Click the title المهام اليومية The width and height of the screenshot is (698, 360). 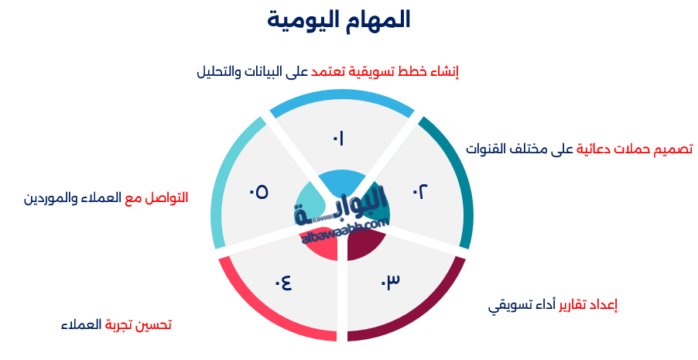point(339,20)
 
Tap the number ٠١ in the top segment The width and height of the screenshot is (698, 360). point(338,139)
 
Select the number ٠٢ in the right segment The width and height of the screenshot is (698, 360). point(419,191)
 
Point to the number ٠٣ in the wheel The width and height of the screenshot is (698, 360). point(390,280)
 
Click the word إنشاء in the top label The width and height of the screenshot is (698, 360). point(443,72)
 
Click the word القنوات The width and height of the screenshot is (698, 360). point(487,149)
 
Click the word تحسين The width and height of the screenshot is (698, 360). point(151,324)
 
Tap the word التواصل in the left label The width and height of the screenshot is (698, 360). point(168,197)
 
